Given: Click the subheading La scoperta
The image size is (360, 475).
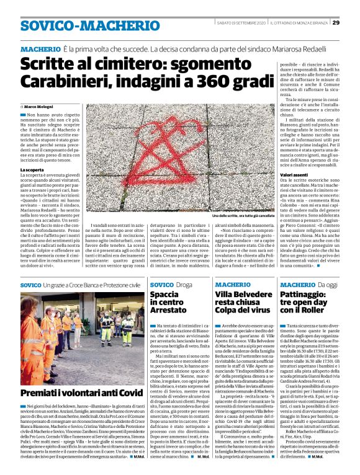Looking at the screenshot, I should [32, 169].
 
